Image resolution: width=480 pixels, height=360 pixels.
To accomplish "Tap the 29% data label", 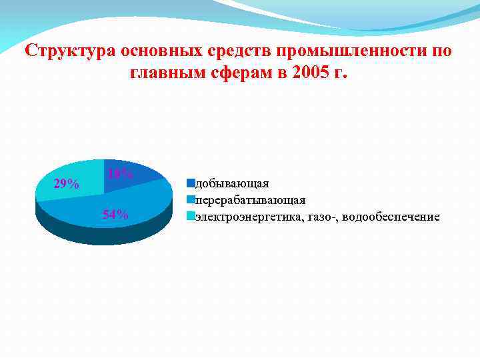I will (67, 184).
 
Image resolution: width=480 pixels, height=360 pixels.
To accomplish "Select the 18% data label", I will (120, 174).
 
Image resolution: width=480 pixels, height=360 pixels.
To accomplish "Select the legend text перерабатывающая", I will (250, 200).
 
